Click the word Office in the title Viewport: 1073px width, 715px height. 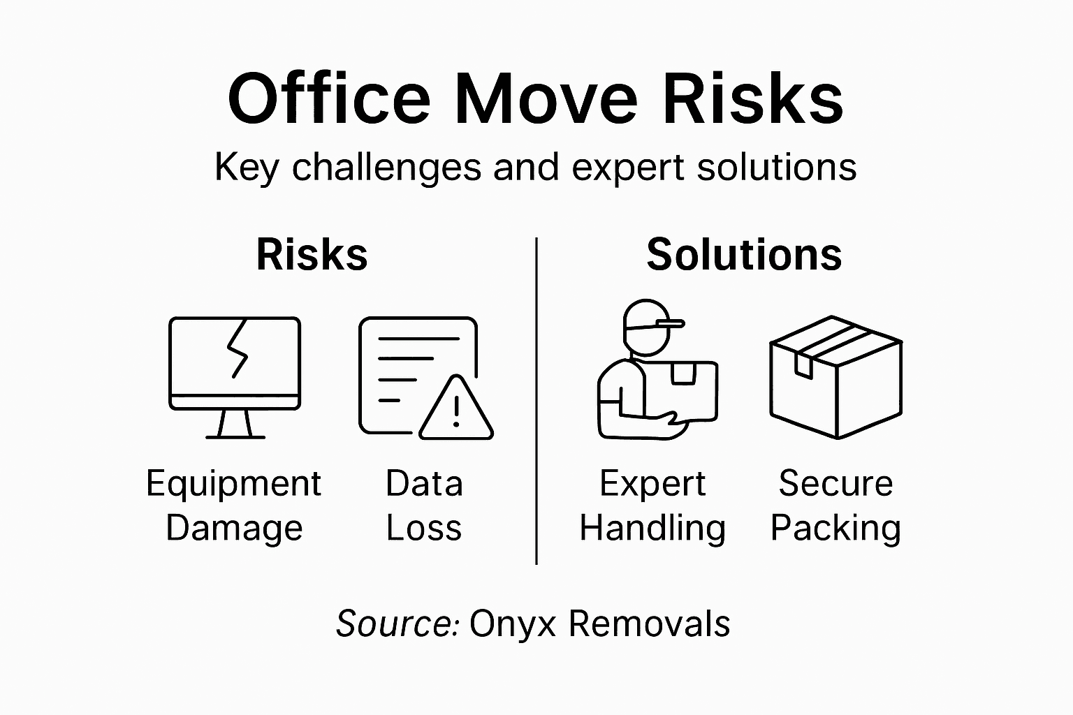pos(329,98)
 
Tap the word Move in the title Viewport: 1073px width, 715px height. pos(546,98)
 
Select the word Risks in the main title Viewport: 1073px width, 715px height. pos(752,98)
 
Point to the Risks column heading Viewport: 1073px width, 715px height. pos(312,254)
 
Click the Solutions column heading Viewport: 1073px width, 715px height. pos(744,254)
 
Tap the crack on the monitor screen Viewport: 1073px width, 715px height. pos(237,349)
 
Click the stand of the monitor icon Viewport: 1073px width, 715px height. pos(235,424)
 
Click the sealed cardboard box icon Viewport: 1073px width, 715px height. pos(835,377)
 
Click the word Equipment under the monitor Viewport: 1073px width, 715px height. pos(233,485)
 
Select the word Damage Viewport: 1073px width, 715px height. pos(234,528)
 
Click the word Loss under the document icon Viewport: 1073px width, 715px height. pos(424,528)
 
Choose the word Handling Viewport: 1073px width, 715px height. pos(652,528)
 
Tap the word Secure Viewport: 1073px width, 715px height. pos(835,483)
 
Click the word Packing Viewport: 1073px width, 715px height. pos(835,528)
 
